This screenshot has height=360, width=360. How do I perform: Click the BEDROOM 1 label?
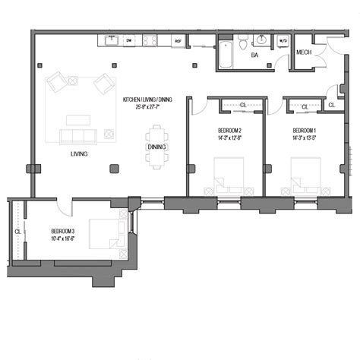[x=304, y=131]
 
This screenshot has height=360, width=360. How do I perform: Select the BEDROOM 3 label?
[x=63, y=231]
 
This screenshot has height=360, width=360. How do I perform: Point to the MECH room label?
[x=305, y=52]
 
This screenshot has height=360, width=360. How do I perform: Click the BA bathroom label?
[x=255, y=55]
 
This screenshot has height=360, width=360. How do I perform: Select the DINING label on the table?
[x=157, y=147]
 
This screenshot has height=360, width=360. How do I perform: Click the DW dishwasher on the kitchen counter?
[x=128, y=41]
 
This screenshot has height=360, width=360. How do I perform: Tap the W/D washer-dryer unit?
[x=283, y=41]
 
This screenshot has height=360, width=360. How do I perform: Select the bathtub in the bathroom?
[x=226, y=57]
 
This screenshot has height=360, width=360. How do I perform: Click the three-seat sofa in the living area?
[x=77, y=137]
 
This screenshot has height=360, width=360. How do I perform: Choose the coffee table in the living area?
[x=77, y=119]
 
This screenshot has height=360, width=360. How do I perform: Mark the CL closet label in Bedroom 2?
[x=242, y=106]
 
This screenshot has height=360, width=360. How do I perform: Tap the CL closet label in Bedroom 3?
[x=17, y=232]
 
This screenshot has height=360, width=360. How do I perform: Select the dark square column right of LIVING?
[x=114, y=168]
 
